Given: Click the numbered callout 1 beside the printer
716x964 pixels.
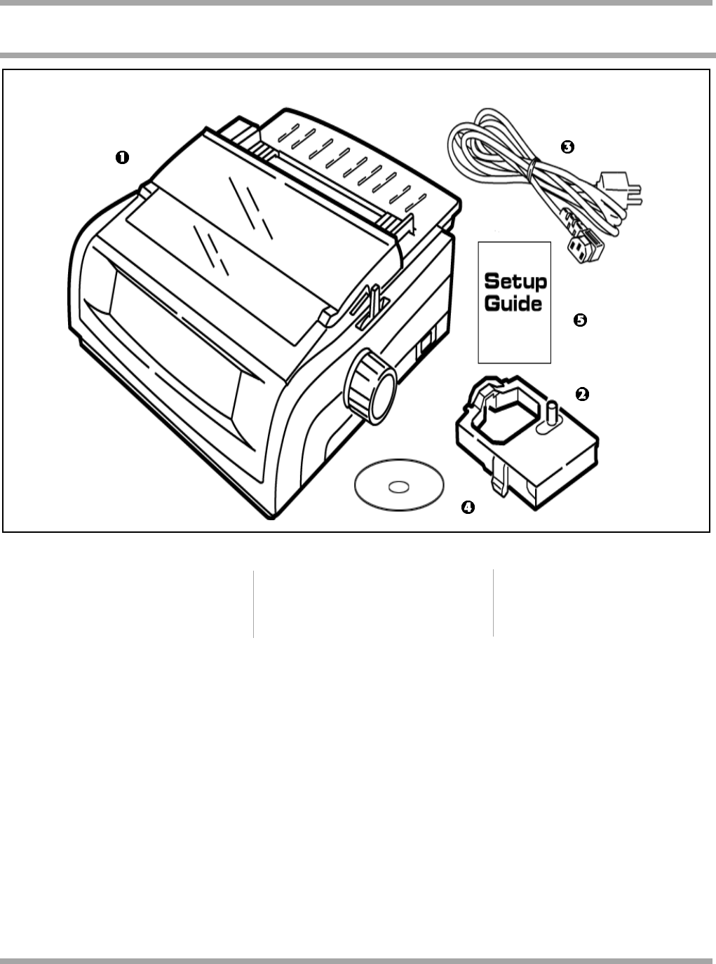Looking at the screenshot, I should [122, 158].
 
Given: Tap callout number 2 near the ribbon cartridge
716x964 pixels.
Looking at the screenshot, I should [581, 394].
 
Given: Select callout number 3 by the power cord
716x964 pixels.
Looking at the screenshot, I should [567, 147].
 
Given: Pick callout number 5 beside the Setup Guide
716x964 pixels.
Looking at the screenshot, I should [580, 320].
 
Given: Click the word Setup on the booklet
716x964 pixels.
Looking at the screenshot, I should [515, 283].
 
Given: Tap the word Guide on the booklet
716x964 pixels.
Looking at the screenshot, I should [514, 305].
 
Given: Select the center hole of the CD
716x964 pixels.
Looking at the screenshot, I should [399, 486].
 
